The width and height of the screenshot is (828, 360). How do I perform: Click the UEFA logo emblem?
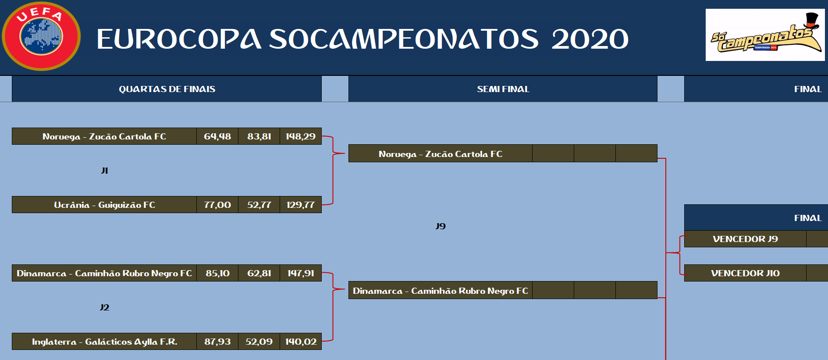(41, 36)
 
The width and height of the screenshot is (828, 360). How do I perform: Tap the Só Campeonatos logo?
(765, 35)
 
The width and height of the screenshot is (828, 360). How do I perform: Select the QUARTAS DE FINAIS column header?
(167, 89)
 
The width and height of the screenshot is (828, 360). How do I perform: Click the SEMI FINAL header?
(503, 89)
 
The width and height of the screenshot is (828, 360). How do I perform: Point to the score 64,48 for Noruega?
(217, 136)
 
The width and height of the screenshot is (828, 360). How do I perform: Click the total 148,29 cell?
(301, 136)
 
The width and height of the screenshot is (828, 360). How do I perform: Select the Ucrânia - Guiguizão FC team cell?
(104, 205)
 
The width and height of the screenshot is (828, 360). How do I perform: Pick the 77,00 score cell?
(217, 205)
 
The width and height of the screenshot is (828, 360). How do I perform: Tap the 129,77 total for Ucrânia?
(301, 205)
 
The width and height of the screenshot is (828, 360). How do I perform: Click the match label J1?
(104, 171)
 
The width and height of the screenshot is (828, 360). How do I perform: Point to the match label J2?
(104, 307)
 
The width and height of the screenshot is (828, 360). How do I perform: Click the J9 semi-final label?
(441, 226)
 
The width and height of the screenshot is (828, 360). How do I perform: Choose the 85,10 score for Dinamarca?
(217, 273)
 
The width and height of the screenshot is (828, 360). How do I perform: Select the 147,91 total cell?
(301, 273)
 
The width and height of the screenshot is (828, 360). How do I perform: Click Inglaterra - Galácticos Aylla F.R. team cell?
(104, 342)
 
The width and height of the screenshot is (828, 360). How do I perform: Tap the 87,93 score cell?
(217, 342)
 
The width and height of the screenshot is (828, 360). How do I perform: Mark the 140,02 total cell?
(301, 342)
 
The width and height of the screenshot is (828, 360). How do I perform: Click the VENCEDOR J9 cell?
(745, 239)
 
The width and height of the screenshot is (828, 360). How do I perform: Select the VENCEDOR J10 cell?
(745, 273)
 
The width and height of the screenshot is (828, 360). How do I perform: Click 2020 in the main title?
(590, 39)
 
